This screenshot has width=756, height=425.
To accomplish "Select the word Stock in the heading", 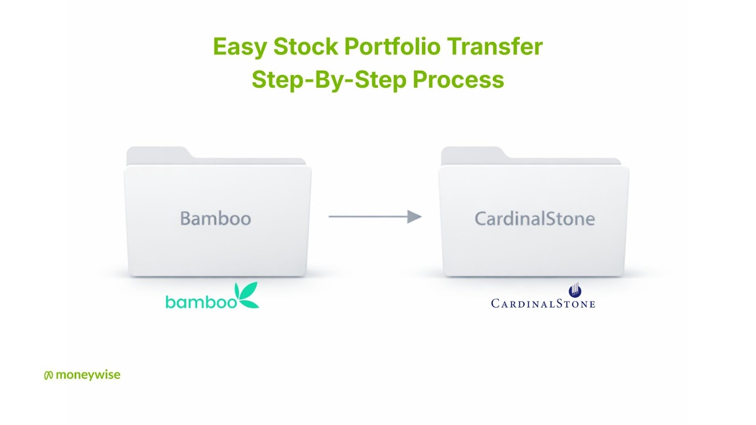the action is (x=305, y=46).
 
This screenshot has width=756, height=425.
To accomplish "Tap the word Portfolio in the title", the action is (x=392, y=46).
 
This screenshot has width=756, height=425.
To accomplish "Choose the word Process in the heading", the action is (x=458, y=80).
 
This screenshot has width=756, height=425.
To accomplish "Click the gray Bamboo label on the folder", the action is (x=215, y=218).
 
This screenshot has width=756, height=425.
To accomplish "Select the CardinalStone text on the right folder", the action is (x=534, y=219).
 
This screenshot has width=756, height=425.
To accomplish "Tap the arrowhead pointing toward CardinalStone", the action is (x=414, y=217).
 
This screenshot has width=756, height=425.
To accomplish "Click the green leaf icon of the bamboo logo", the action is (x=247, y=295).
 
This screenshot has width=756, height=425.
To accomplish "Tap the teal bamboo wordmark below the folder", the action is (x=201, y=302).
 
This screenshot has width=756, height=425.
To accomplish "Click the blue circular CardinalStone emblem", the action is (x=575, y=290).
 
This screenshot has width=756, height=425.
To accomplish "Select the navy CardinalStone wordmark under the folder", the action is (x=543, y=304).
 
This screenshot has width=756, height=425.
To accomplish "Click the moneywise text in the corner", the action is (x=88, y=375).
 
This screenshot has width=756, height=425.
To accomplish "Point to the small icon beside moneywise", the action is (x=49, y=375).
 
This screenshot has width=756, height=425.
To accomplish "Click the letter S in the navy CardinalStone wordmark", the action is (x=559, y=303).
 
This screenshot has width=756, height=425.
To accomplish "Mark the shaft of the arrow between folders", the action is (x=368, y=217).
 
